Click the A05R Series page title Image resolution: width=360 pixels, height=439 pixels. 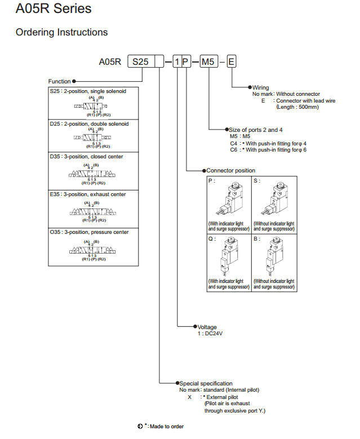click(54, 10)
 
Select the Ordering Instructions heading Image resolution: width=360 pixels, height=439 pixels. click(61, 32)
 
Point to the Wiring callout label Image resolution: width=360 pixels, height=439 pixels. click(261, 87)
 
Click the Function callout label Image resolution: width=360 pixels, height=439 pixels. click(60, 81)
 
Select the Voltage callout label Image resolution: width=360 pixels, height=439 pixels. click(207, 327)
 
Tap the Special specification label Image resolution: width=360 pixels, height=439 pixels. click(206, 383)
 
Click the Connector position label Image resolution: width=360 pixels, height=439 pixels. click(230, 170)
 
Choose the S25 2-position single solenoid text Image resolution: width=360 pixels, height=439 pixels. click(88, 91)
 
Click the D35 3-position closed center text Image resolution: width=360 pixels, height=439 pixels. click(86, 156)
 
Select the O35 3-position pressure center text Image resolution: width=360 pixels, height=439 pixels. click(89, 232)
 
